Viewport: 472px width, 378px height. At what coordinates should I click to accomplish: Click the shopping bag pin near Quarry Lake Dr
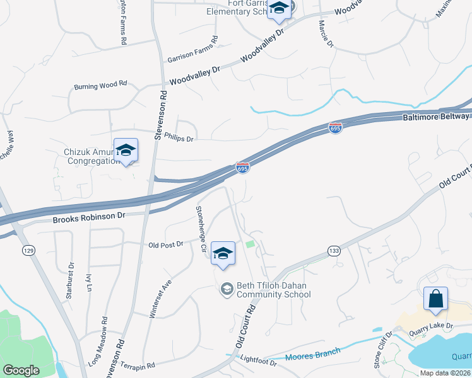point(436,298)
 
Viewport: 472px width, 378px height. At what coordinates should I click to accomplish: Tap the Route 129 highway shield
point(28,251)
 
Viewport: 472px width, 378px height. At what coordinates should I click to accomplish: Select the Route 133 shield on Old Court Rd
point(334,251)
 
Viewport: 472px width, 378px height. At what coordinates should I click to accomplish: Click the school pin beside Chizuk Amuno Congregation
point(126,150)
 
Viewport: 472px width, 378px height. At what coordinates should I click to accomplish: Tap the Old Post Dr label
point(165,244)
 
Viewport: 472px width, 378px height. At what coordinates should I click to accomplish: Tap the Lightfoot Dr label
point(259,362)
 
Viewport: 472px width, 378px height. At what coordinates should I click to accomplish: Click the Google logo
point(22,370)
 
